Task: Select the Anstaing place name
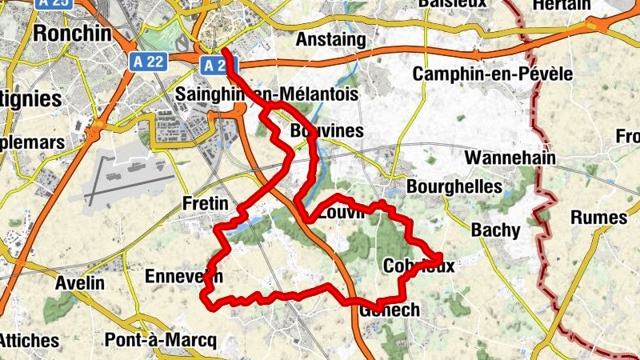pyautogui.click(x=330, y=39)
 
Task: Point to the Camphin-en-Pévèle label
pyautogui.click(x=493, y=74)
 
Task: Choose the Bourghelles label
pyautogui.click(x=454, y=186)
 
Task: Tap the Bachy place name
pyautogui.click(x=495, y=230)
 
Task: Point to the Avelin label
pyautogui.click(x=80, y=282)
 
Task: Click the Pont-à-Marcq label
pyautogui.click(x=161, y=340)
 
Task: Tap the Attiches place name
pyautogui.click(x=29, y=340)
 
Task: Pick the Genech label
pyautogui.click(x=390, y=310)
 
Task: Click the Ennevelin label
pyautogui.click(x=183, y=277)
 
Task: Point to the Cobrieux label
pyautogui.click(x=418, y=266)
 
